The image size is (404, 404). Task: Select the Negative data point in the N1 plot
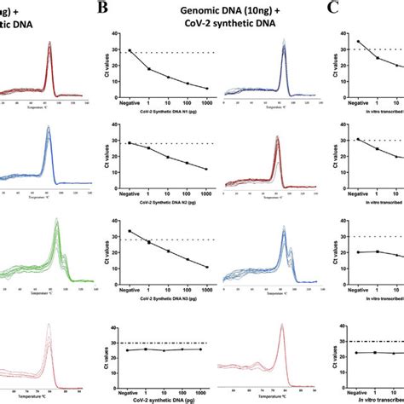click(130, 51)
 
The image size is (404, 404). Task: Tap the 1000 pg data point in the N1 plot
click(207, 88)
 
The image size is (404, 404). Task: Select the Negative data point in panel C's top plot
click(334, 42)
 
